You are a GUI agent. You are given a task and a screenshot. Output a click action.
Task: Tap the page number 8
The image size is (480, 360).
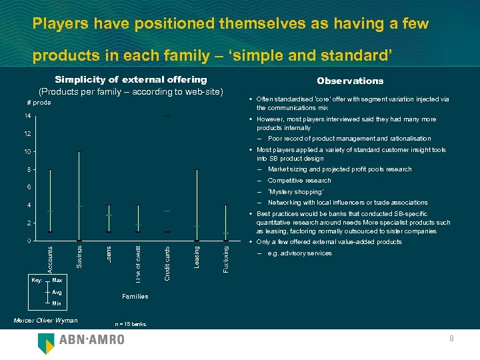[x=451, y=339]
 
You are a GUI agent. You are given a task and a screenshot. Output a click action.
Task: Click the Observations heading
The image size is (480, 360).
[x=350, y=81]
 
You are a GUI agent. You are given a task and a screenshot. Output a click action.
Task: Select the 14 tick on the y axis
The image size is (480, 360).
[x=27, y=116]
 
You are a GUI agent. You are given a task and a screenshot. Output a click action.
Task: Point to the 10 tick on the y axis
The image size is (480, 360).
[x=27, y=152]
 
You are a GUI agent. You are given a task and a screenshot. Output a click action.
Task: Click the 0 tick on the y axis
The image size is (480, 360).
[x=28, y=241]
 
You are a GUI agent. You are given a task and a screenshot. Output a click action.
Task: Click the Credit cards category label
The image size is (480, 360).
[x=167, y=261]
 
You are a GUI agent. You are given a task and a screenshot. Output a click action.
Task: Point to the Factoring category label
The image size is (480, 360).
[x=225, y=257]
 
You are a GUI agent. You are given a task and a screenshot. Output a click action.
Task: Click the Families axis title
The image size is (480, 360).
[x=135, y=296]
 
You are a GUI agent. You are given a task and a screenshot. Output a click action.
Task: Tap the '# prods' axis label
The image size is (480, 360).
[x=39, y=103]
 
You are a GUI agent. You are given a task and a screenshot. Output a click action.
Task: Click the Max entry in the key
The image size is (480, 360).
[x=57, y=281]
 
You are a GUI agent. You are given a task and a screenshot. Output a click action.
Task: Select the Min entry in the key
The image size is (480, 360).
[x=57, y=303]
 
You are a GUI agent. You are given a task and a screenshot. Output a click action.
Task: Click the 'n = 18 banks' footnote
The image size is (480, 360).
[x=130, y=324]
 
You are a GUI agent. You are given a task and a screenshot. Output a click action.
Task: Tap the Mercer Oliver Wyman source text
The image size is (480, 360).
[x=45, y=321]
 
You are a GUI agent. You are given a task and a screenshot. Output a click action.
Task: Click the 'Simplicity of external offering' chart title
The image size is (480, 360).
[x=131, y=80]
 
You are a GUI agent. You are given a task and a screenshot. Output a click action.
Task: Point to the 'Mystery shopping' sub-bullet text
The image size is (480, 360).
[x=296, y=191]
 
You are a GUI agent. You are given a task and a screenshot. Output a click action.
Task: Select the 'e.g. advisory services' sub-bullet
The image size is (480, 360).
[x=299, y=253]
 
